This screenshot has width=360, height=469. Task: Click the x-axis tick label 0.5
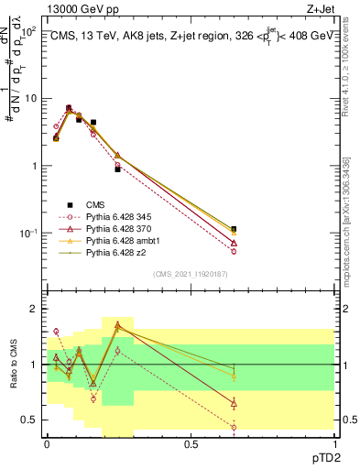191,443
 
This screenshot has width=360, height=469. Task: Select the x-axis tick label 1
334,443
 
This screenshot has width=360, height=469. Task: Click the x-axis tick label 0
47,443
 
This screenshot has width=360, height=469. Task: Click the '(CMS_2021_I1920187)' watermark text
190,273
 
